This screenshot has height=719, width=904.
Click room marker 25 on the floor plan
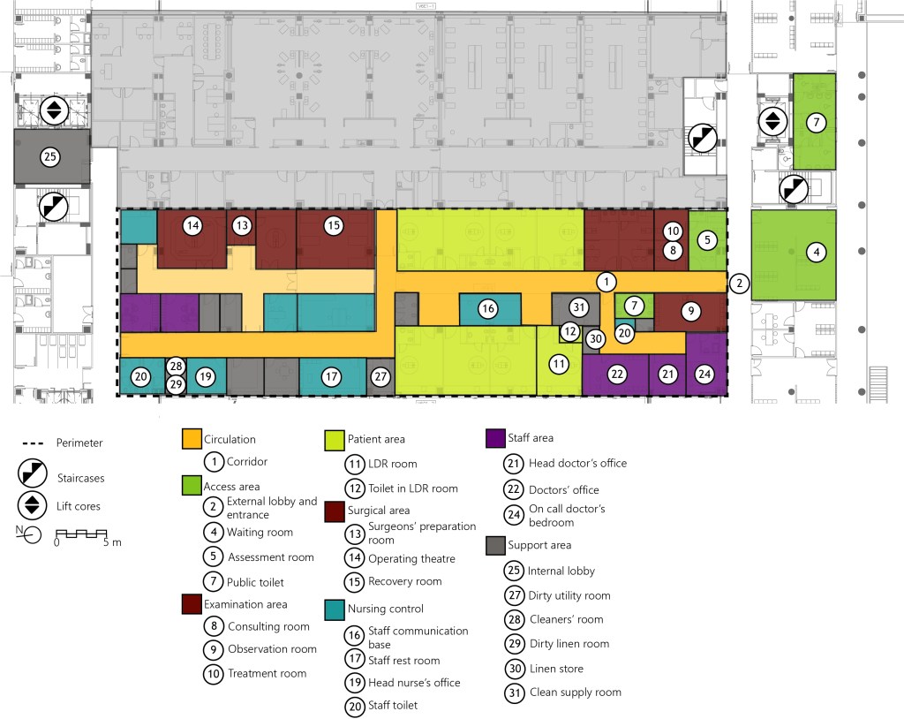(51, 157)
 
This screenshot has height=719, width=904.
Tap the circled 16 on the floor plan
(488, 308)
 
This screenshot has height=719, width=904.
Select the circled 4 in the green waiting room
(817, 252)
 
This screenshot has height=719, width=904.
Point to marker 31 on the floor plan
(578, 307)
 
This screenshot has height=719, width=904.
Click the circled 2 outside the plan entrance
(739, 284)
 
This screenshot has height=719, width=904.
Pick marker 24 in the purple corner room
(704, 375)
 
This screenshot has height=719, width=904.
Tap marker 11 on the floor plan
(558, 363)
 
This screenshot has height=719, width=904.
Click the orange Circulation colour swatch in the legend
(192, 439)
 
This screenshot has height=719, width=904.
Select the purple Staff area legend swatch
(495, 437)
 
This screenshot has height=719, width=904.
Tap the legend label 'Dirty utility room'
(569, 595)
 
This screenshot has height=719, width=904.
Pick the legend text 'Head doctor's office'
(577, 463)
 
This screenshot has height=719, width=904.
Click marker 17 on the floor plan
(331, 376)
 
